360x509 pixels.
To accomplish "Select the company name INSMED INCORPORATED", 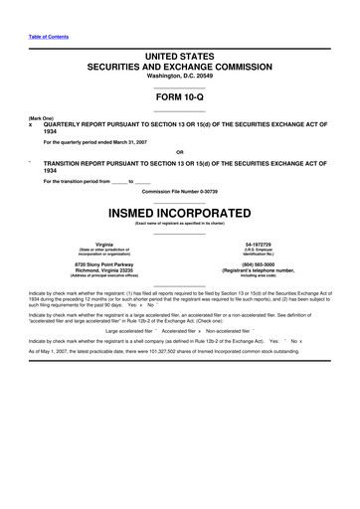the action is coord(179,212).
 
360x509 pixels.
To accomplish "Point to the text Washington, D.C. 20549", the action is coord(179,76).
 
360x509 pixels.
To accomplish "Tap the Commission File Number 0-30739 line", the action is coord(179,190).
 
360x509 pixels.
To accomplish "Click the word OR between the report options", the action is coord(179,151).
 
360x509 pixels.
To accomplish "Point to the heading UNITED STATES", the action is coord(179,58).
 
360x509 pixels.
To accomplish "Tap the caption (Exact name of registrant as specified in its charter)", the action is coord(179,225).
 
